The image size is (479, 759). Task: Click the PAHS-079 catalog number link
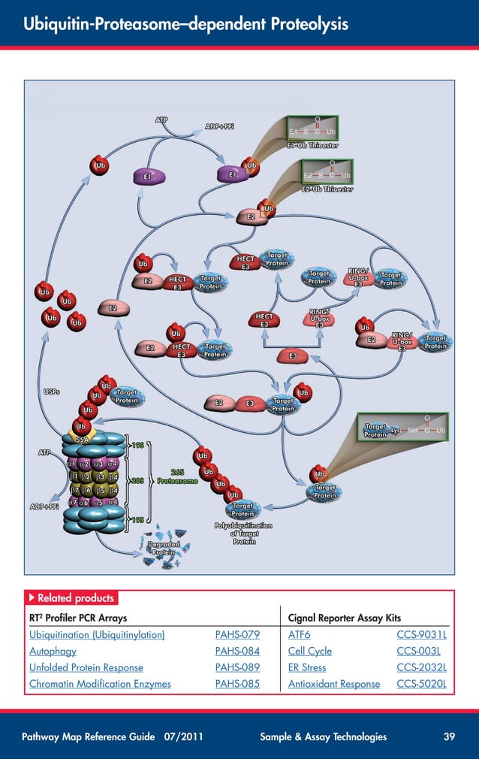coord(237,635)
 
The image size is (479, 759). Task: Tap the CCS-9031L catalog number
coord(421,635)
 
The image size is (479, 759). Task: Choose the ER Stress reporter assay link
coord(307,667)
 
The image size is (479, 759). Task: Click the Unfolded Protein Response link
coord(86,667)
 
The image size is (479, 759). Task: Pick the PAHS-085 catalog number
coord(237,684)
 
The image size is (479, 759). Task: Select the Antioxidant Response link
coord(334,684)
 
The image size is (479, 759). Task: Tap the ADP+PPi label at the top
coord(219,126)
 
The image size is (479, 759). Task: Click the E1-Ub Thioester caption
coord(312,145)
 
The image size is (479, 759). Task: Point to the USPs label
coord(52,391)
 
